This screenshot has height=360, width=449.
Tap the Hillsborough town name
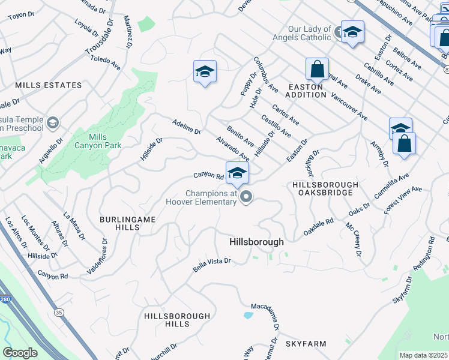coord(256,241)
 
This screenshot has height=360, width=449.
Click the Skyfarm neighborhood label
coord(306,344)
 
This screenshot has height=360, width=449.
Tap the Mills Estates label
coord(49,85)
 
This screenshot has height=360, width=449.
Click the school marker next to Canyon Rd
coord(237,173)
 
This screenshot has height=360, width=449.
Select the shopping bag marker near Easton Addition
coord(316,69)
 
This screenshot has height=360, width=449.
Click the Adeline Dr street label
coord(185,126)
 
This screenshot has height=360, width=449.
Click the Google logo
coord(20,353)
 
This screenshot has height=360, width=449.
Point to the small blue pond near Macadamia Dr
coord(248,314)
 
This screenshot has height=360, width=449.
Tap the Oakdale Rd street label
coord(318,227)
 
